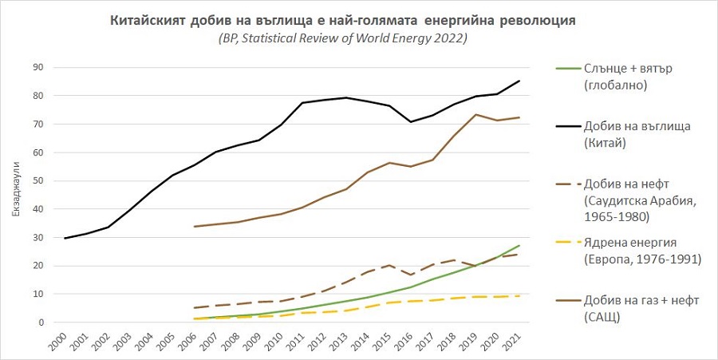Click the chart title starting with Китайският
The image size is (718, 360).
(x=342, y=19)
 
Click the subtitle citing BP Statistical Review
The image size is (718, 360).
(x=342, y=38)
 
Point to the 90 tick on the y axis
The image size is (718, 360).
(x=37, y=67)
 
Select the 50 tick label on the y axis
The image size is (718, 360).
(x=37, y=180)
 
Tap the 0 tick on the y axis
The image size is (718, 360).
(x=39, y=322)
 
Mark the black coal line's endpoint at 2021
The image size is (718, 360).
(x=520, y=81)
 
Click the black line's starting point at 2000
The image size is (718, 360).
(x=65, y=238)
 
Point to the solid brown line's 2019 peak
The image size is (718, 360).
(x=476, y=114)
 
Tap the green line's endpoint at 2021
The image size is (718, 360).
(x=520, y=245)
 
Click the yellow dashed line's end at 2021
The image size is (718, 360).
(x=520, y=296)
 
